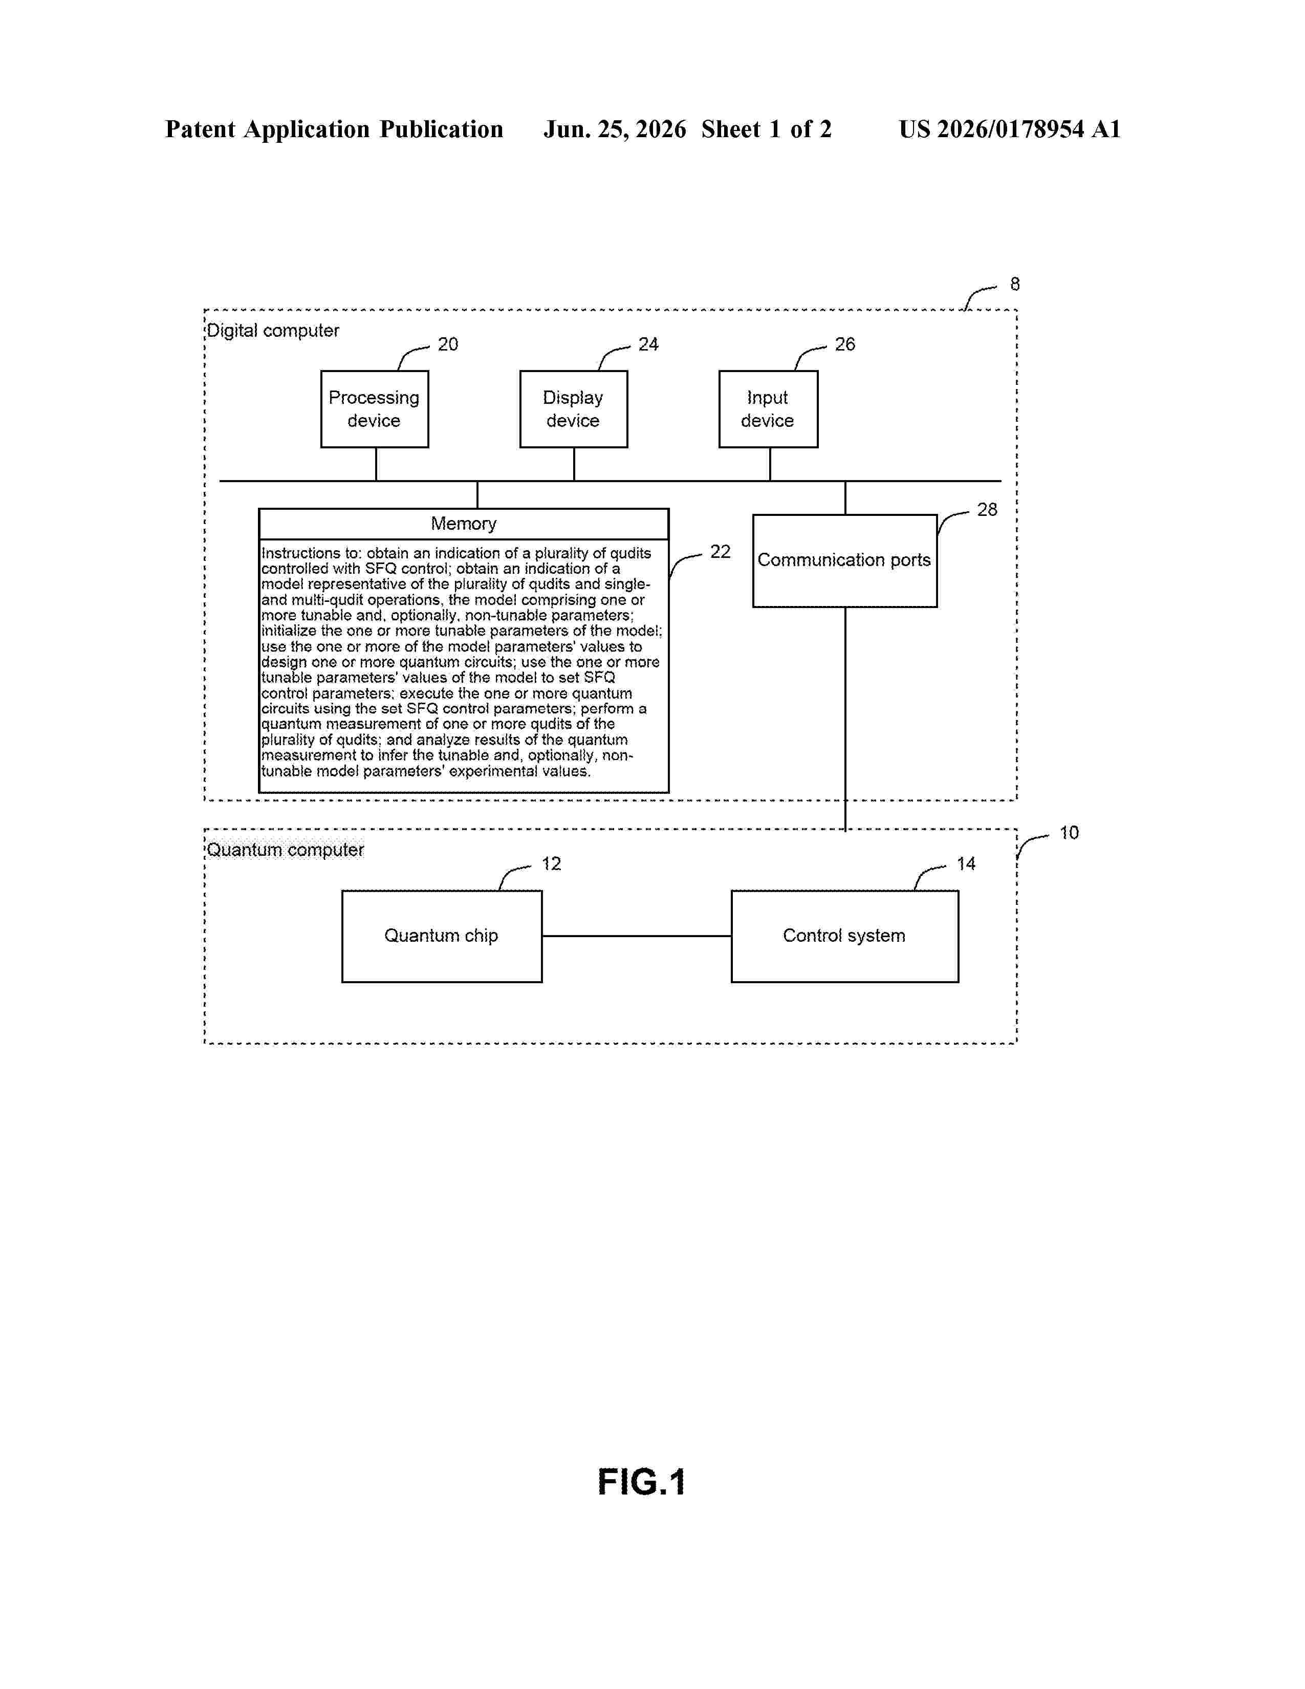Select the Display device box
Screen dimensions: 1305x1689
point(574,409)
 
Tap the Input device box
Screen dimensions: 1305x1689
point(769,409)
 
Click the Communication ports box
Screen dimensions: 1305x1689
point(845,560)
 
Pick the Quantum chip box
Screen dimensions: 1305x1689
point(442,937)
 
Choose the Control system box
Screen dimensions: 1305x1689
point(845,937)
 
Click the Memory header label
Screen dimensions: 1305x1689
point(464,524)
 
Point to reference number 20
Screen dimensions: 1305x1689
point(448,344)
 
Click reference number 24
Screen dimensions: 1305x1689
point(648,344)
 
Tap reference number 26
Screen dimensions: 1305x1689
point(845,344)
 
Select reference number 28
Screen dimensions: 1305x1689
point(987,510)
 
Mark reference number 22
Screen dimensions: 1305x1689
point(721,551)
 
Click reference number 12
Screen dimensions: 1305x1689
point(551,864)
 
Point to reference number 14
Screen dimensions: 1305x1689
point(966,864)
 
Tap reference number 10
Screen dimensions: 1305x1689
point(1069,833)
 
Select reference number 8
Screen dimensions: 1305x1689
point(1015,285)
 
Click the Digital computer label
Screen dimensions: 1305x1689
point(273,331)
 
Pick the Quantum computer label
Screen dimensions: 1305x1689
point(285,850)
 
